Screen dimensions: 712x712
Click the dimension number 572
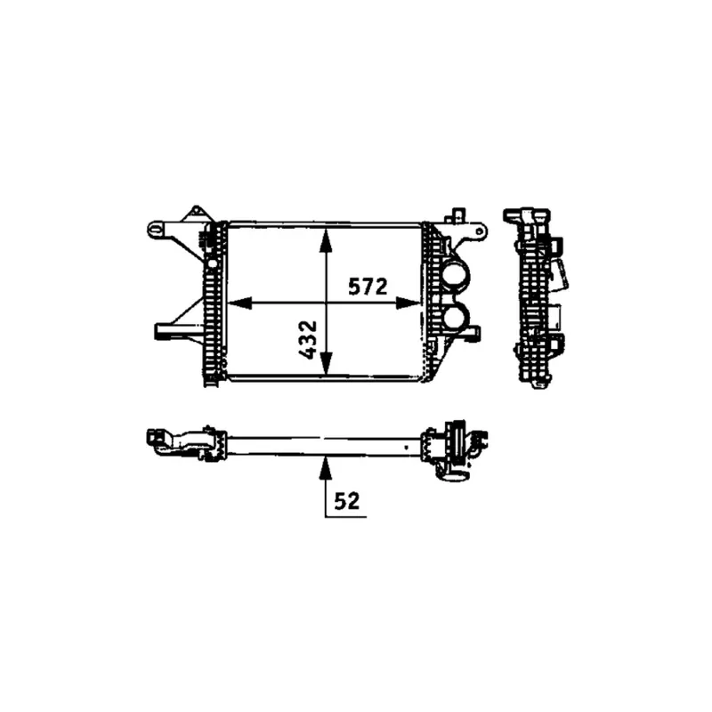(x=368, y=286)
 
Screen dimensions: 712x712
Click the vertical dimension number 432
(x=308, y=340)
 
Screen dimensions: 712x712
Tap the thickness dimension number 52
(x=347, y=501)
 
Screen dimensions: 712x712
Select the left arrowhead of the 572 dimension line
(x=239, y=303)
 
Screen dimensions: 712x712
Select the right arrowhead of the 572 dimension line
(x=409, y=303)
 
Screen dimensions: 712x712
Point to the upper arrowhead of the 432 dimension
(x=326, y=240)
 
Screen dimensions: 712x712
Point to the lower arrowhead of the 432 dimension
(x=326, y=364)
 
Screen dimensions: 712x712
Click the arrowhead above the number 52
(x=325, y=468)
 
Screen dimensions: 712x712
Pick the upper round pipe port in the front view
(x=456, y=277)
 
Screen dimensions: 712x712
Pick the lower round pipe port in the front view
(x=456, y=316)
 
